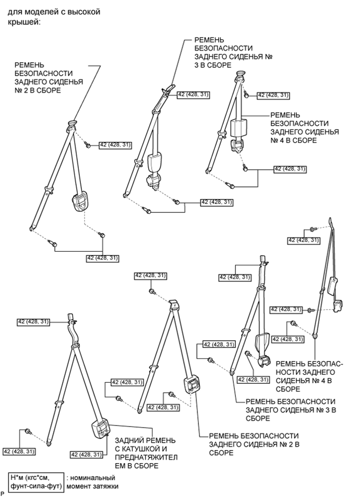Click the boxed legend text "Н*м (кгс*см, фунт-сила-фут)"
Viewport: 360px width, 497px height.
pyautogui.click(x=34, y=481)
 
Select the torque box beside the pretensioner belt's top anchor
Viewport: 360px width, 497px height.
pyautogui.click(x=34, y=322)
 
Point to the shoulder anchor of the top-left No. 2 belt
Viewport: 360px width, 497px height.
pyautogui.click(x=71, y=124)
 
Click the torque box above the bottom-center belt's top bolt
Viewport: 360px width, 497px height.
pyautogui.click(x=151, y=275)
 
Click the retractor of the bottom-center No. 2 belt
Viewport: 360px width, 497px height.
pyautogui.click(x=191, y=386)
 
